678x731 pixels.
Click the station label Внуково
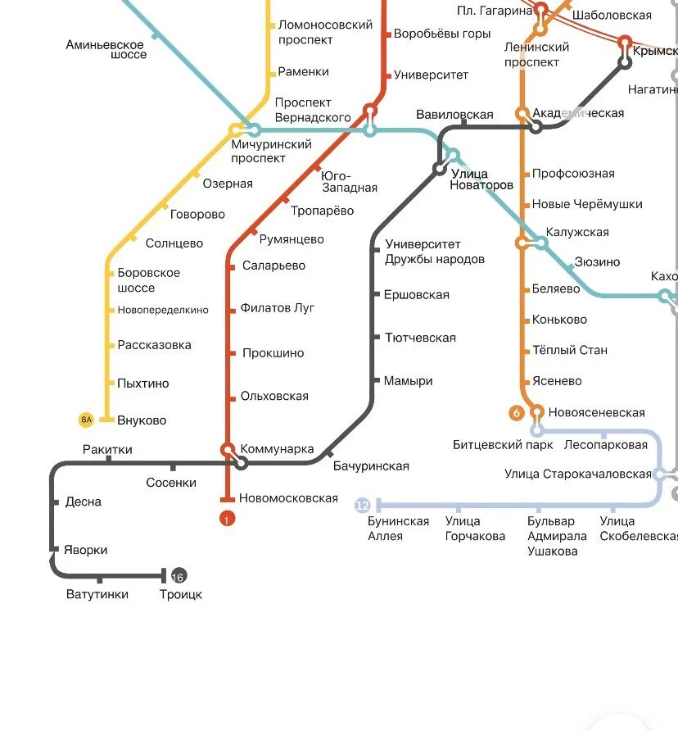point(142,420)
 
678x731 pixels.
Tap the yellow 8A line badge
point(87,420)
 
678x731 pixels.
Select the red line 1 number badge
point(227,518)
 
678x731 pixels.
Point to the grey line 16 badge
point(178,575)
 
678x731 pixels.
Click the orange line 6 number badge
point(517,413)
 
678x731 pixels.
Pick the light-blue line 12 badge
point(363,506)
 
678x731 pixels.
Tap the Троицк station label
point(181,594)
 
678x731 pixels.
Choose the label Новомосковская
point(288,498)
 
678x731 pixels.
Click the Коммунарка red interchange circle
point(228,449)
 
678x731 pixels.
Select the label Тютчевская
point(419,338)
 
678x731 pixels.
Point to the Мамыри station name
point(408,381)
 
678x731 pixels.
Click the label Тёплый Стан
point(570,350)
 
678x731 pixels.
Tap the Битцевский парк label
point(498,445)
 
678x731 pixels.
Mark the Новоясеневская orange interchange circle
point(537,411)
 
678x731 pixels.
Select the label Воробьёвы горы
point(442,34)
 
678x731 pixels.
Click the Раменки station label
point(303,72)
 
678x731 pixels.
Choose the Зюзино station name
point(597,262)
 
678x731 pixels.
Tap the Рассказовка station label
point(155,345)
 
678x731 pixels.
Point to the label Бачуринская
point(371,466)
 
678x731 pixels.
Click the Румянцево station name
point(292,239)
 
